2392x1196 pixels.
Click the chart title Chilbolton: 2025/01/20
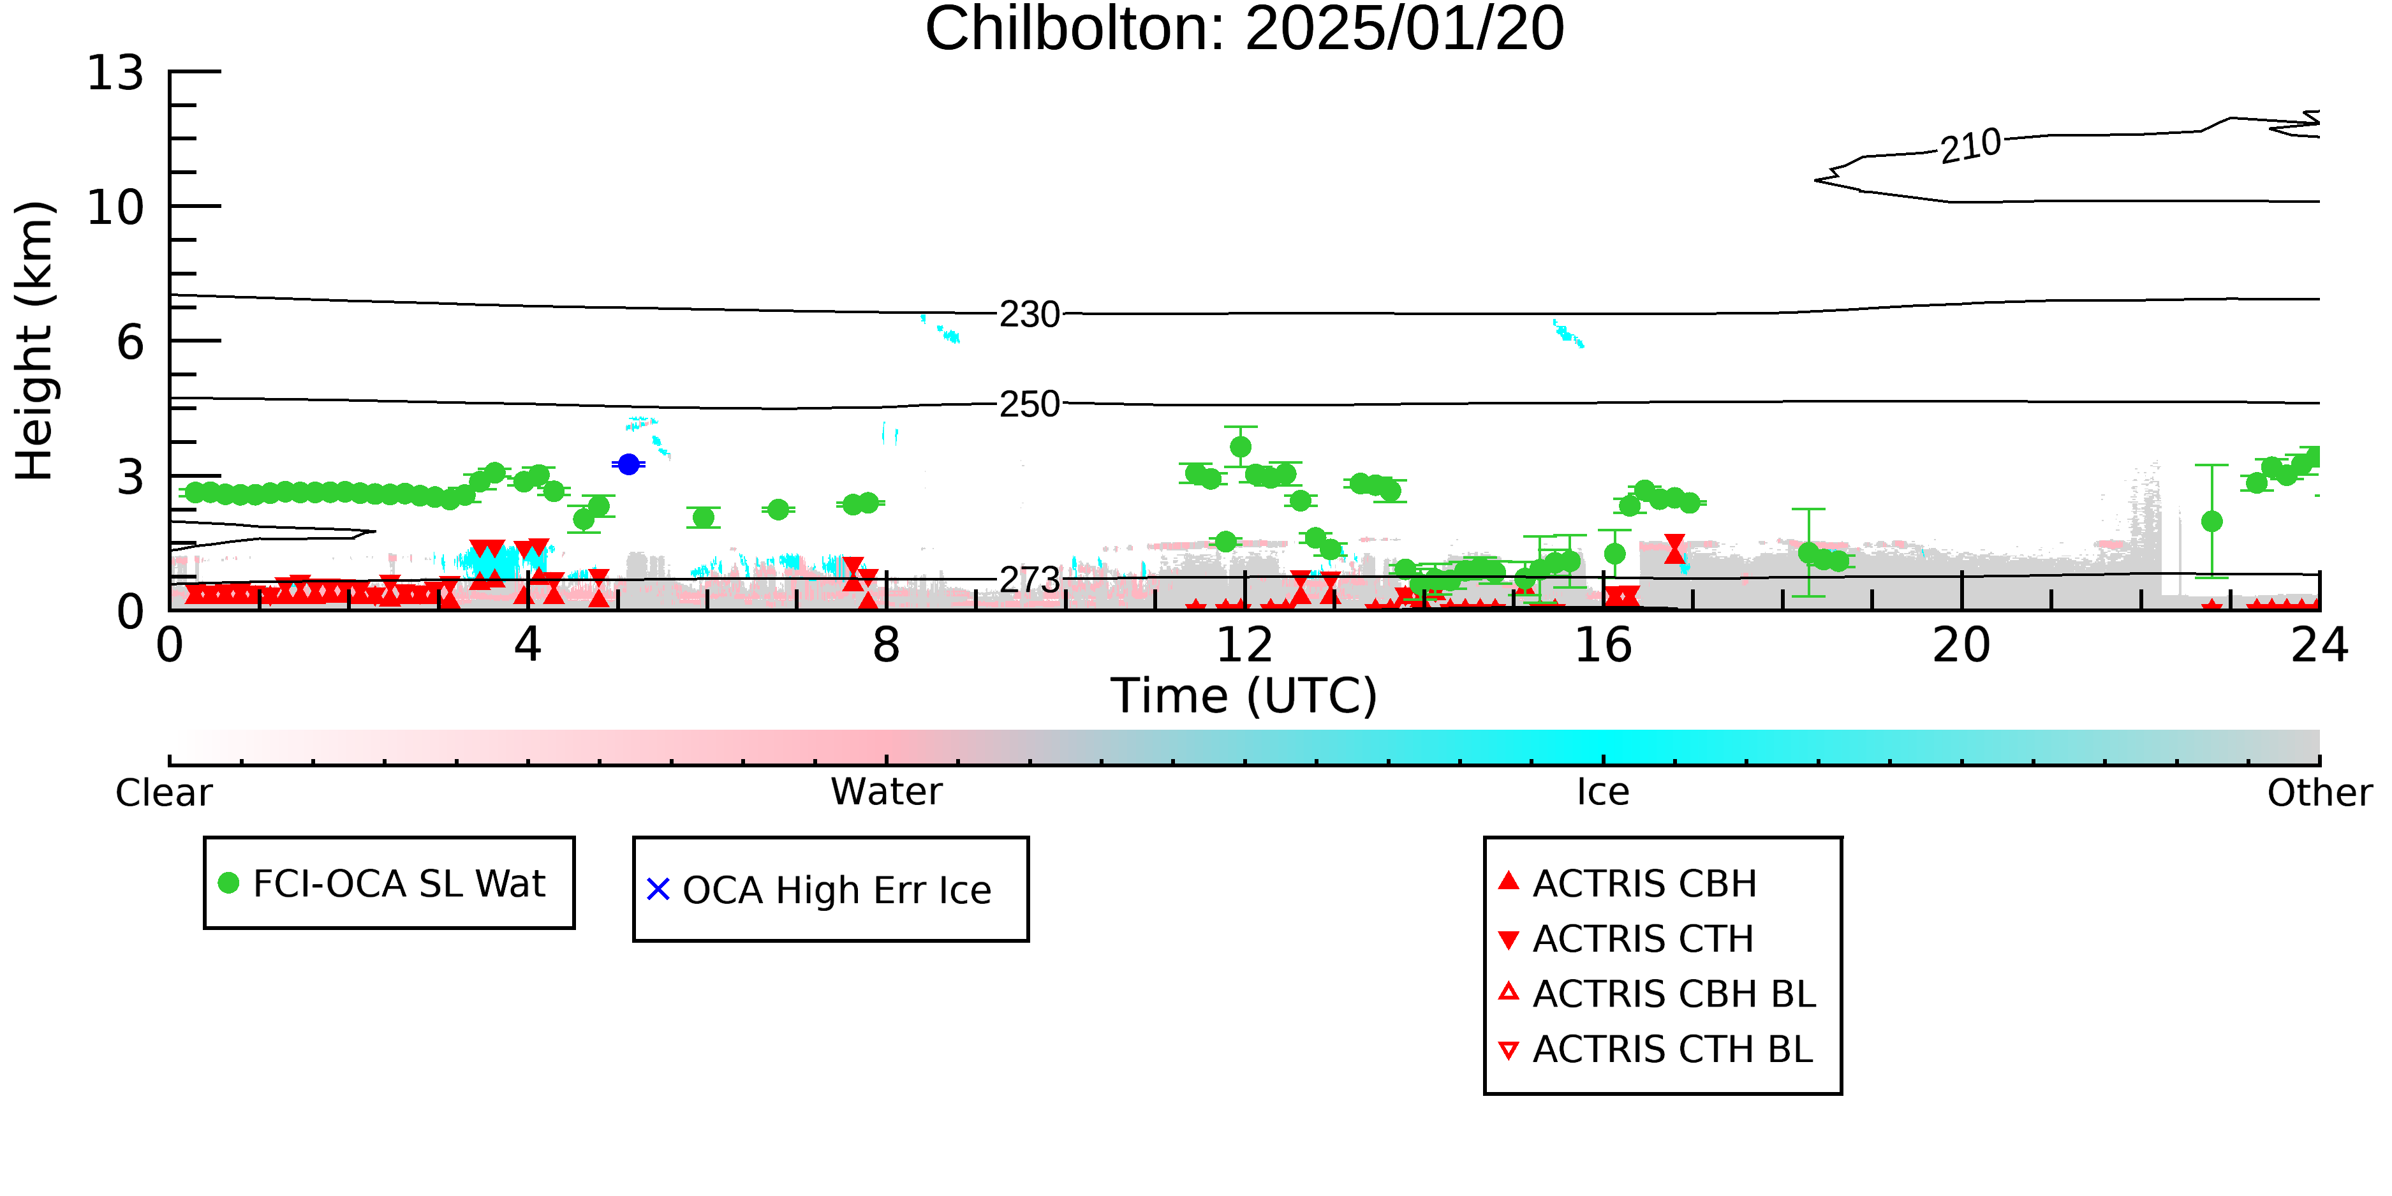point(1244,30)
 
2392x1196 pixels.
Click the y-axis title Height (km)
point(34,341)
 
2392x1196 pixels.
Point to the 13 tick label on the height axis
point(115,73)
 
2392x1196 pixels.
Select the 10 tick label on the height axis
point(115,207)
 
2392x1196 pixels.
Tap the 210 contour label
point(1970,146)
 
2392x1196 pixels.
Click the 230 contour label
point(1030,314)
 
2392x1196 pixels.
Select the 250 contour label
point(1030,404)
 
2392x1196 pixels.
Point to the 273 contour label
point(1030,580)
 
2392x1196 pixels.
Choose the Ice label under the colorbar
point(1603,792)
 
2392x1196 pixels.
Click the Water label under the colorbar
point(887,792)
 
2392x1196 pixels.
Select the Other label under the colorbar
point(2319,793)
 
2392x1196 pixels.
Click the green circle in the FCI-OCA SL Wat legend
point(228,883)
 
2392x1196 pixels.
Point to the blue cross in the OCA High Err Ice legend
point(658,890)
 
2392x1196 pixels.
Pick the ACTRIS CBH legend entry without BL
point(1628,883)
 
